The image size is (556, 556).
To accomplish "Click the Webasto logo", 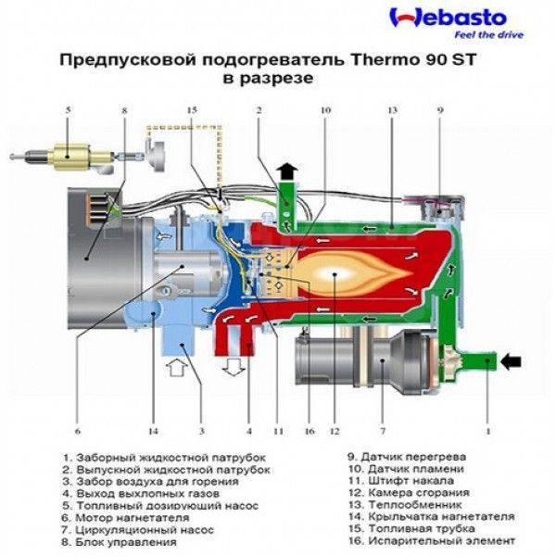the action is (x=448, y=19).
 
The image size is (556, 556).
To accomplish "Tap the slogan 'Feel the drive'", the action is (x=489, y=35).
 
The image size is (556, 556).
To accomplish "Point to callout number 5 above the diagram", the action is (x=68, y=110).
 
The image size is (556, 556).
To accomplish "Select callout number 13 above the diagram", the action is (x=392, y=110).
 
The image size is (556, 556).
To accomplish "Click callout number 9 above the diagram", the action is (x=440, y=110).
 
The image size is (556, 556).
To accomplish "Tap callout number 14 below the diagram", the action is (x=153, y=431).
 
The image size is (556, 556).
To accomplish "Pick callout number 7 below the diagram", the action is (x=383, y=431).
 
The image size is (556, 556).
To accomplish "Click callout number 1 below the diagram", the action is (x=488, y=431).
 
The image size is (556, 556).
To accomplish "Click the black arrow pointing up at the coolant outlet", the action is (x=287, y=172).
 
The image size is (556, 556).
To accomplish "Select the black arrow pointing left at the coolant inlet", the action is (x=511, y=361).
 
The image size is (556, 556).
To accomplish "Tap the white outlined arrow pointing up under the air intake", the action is (x=177, y=367).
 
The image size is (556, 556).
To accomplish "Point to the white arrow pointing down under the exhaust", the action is (x=234, y=366).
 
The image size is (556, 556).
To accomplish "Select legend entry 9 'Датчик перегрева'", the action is (x=407, y=457).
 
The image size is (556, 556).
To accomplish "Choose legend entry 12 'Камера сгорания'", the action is (x=409, y=493).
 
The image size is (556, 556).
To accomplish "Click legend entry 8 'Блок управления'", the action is (x=120, y=542).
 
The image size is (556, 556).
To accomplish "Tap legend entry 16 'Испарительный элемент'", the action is (x=432, y=541).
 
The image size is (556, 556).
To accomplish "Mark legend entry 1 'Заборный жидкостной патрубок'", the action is (x=165, y=458).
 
